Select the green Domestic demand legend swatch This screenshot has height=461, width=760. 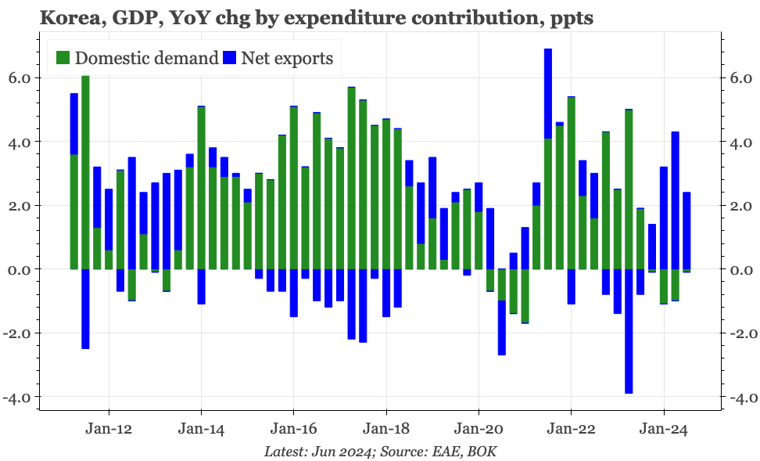coord(63,57)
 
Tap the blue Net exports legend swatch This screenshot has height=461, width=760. coord(230,57)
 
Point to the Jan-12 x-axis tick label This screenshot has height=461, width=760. coord(109,429)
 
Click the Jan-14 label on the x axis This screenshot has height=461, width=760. coord(201,429)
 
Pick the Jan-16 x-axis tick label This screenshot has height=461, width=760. coord(293,429)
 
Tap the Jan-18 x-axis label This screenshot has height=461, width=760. coord(386,429)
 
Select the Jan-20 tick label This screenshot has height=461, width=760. coord(479,429)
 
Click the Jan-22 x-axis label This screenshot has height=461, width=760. coord(571,429)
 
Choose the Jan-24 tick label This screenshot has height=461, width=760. coord(664,429)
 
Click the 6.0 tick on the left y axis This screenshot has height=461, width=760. coord(20,78)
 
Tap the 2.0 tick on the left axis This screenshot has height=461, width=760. coord(20,206)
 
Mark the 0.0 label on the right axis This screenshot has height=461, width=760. coord(739,270)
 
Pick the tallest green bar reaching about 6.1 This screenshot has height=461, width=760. coord(85,172)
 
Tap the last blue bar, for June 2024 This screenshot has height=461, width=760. coord(687,231)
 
